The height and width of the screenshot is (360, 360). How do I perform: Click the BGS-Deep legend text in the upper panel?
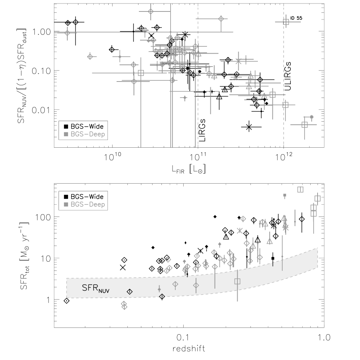coord(88,134)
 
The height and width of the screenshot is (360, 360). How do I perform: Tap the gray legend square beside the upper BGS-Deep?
coord(66,134)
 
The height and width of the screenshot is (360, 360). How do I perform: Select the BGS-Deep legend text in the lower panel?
coord(88,204)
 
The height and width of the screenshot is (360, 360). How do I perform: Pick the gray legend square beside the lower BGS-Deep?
coord(66,204)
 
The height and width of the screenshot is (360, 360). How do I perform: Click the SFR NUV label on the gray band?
coord(96,288)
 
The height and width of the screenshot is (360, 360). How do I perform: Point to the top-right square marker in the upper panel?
coord(286,22)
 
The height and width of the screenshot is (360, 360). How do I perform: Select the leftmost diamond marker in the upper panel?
coord(67,33)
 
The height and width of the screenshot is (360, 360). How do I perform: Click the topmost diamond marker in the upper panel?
coord(151,11)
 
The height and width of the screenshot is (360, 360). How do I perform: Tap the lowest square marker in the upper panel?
coord(305,124)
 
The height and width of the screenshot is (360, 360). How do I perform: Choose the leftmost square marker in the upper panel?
coord(141,73)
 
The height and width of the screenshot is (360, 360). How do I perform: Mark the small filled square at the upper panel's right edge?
coord(312,117)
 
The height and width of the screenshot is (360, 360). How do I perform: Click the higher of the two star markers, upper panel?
coord(238,61)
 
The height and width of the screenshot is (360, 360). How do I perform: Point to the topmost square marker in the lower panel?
coord(300,189)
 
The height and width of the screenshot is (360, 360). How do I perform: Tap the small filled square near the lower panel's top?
coord(285,195)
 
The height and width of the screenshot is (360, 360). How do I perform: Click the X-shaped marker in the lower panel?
coord(240,230)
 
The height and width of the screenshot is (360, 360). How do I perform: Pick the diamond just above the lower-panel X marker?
coord(243,219)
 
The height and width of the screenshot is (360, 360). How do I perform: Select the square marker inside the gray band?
coord(237,281)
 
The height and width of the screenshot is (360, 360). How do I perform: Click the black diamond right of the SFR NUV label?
coord(130,292)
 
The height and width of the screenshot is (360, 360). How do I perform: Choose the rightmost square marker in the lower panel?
coord(317,198)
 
